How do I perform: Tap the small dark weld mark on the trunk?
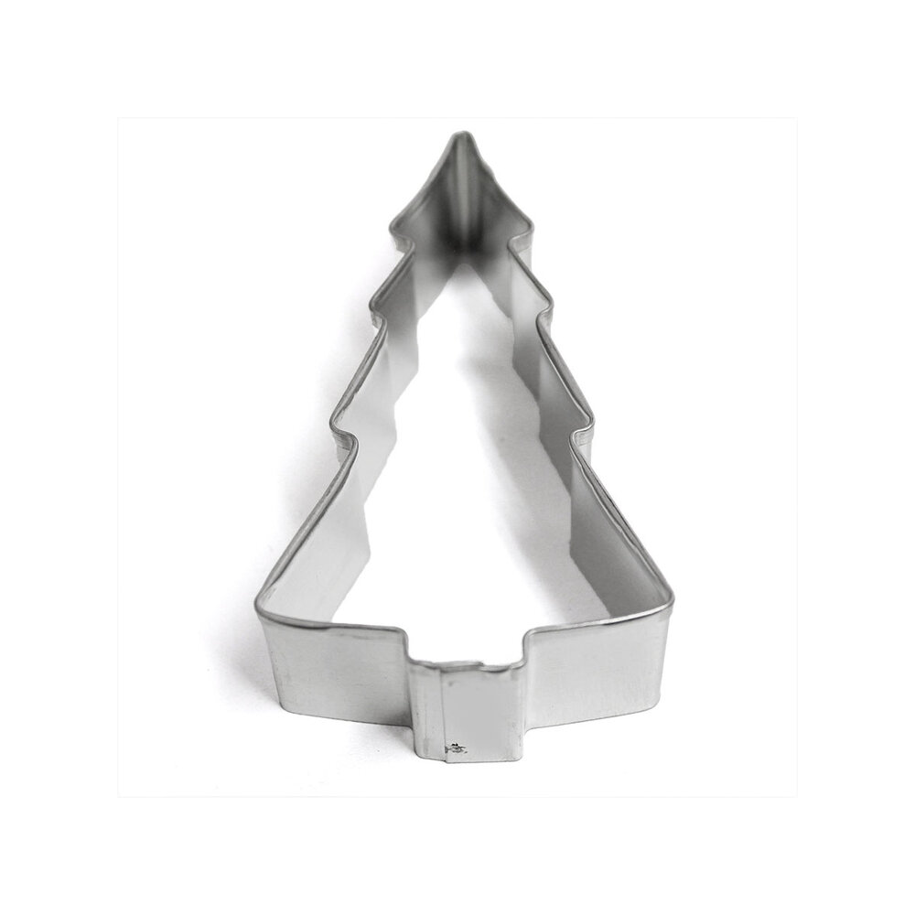(455, 748)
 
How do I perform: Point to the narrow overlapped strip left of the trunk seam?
(426, 709)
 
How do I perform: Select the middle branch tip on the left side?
(373, 311)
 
